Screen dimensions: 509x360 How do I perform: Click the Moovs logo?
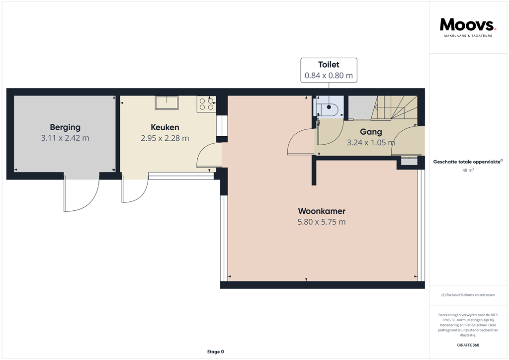click(x=468, y=26)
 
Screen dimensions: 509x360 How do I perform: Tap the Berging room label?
click(x=65, y=127)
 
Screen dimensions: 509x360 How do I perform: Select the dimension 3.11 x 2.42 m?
click(x=65, y=138)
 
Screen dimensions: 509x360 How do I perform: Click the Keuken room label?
click(x=165, y=127)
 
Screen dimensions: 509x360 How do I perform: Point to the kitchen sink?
click(x=168, y=102)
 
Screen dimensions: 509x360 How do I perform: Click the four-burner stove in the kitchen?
click(x=206, y=103)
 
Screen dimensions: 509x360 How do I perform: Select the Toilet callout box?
click(x=329, y=70)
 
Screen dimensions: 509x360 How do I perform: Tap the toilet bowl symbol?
click(x=330, y=109)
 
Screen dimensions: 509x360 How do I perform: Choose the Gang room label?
click(x=371, y=132)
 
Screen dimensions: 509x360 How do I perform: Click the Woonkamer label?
click(x=322, y=211)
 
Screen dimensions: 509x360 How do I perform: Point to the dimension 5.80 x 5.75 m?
click(x=322, y=222)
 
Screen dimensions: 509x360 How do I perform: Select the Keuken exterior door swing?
click(x=135, y=191)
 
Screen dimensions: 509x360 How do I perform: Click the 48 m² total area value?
click(x=468, y=170)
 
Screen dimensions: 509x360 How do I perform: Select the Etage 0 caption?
click(x=216, y=352)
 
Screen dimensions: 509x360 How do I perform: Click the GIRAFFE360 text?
click(x=468, y=345)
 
